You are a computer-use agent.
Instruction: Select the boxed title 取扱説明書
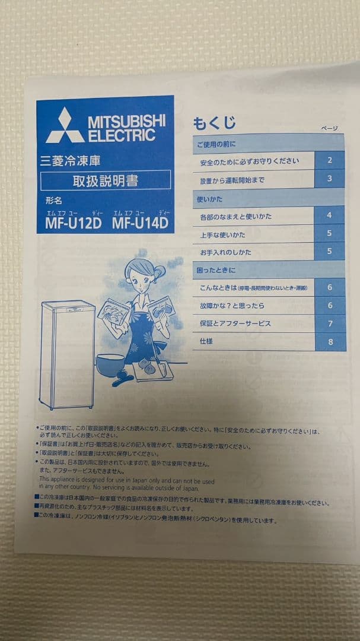106,180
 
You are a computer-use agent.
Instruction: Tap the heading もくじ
214,123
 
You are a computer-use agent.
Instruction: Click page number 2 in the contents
329,160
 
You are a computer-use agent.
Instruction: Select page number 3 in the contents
329,178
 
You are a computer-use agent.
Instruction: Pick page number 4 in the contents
329,215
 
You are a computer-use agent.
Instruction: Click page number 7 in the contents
330,323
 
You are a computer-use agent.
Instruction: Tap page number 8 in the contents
330,341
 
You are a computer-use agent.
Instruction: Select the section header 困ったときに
216,271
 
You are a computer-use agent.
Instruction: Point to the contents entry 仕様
207,341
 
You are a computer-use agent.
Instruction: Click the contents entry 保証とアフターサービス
235,323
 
